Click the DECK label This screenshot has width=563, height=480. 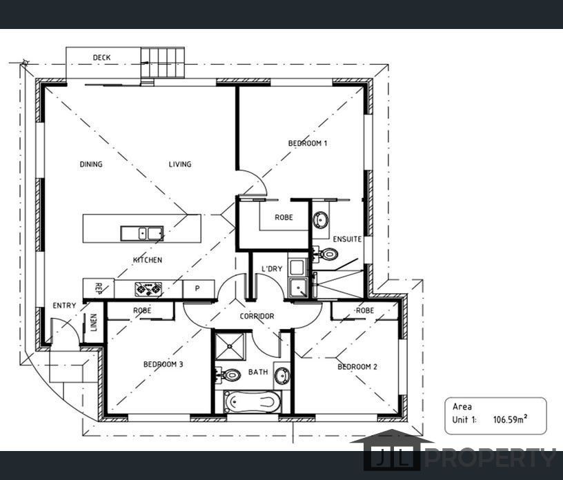[x=101, y=57]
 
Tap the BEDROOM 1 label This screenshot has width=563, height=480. [x=308, y=143]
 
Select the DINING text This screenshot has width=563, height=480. [x=91, y=164]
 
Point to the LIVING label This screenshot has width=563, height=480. [x=180, y=164]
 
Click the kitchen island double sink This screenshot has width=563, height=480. [x=142, y=233]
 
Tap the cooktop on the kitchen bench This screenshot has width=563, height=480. [x=148, y=289]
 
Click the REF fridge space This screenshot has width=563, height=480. [x=99, y=288]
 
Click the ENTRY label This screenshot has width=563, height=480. [x=64, y=306]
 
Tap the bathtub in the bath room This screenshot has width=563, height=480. [x=253, y=402]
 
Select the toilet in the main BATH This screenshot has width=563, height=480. [x=227, y=374]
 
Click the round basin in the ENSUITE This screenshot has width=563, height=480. [x=320, y=219]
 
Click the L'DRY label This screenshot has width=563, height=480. [x=272, y=268]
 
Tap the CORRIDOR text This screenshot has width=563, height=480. [x=257, y=316]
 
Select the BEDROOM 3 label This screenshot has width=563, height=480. [x=163, y=364]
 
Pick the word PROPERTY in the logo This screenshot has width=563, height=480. [x=491, y=458]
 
